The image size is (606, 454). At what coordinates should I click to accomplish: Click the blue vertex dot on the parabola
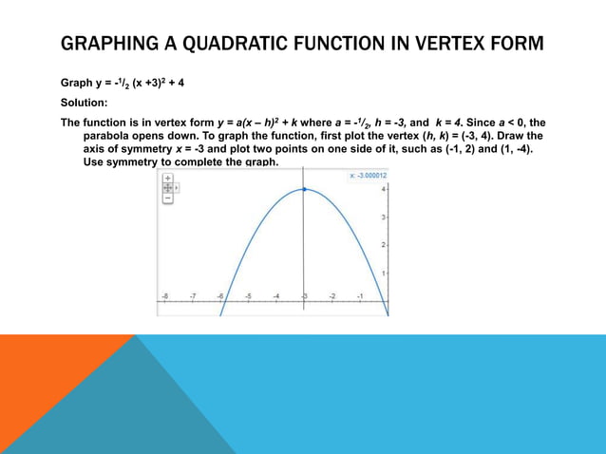(304, 190)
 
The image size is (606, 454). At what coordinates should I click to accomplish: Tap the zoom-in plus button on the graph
(168, 178)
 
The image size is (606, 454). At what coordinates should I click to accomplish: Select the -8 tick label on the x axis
(164, 296)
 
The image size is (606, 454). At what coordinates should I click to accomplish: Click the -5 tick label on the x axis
(248, 296)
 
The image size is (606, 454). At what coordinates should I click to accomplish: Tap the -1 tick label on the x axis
(360, 296)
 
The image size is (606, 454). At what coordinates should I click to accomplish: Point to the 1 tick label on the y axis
(383, 274)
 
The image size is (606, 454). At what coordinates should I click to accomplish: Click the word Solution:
(84, 103)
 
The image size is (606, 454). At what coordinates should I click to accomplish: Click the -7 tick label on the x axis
(192, 296)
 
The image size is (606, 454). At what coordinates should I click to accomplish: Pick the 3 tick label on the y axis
(383, 218)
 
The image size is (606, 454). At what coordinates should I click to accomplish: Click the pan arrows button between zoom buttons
(168, 188)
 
